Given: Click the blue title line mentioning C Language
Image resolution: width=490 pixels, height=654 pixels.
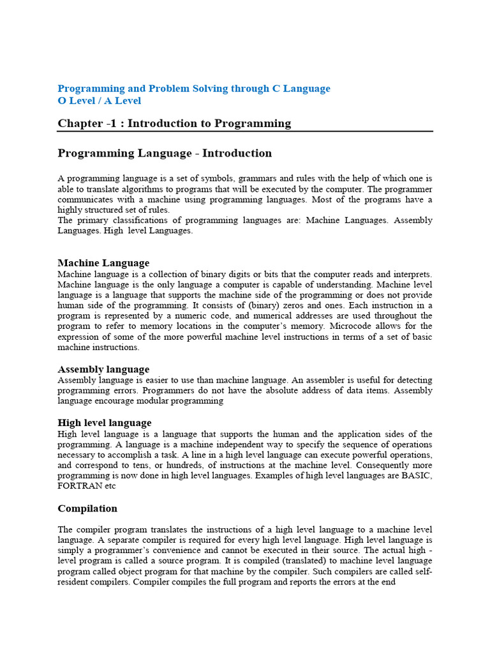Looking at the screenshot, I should (194, 89).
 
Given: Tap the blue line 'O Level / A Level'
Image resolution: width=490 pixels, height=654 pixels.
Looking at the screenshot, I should (100, 101).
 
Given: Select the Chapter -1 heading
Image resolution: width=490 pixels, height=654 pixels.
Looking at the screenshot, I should (174, 124).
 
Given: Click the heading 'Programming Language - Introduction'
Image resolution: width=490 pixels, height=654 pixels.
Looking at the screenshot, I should (165, 153).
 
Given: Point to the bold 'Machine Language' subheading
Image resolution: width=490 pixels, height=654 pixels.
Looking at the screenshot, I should (103, 263).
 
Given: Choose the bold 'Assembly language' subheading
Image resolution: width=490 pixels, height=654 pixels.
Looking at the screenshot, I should (103, 369).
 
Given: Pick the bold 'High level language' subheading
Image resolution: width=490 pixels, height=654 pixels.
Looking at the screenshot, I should (105, 423).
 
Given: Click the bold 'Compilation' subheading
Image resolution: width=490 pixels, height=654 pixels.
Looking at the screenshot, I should (87, 508).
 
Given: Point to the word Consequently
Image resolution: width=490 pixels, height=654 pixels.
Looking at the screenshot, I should (372, 465).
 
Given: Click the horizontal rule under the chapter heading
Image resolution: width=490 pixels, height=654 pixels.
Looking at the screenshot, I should (245, 132).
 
